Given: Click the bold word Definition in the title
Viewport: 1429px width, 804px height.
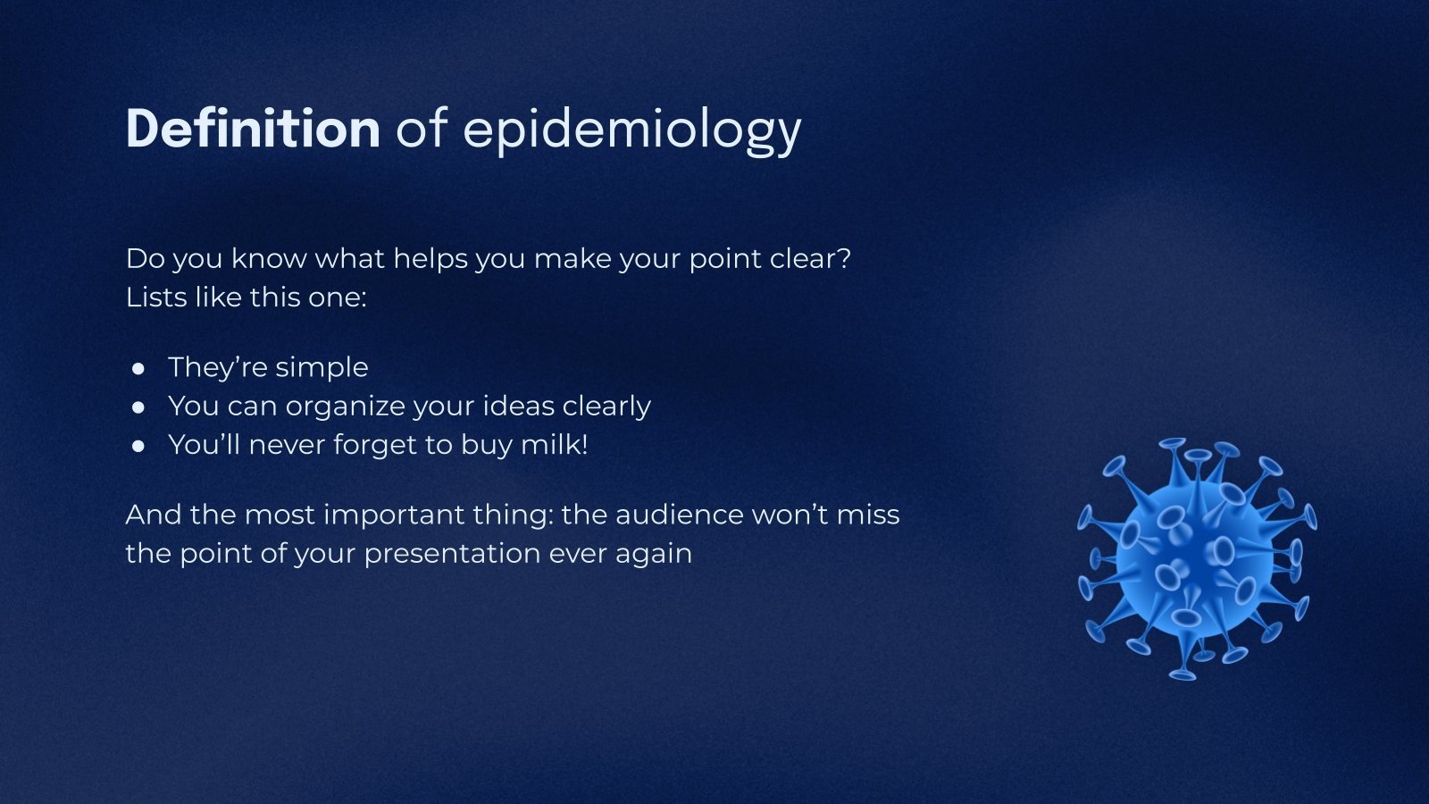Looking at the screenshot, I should click(253, 129).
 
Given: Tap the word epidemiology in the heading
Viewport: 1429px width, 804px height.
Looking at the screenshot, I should click(631, 130).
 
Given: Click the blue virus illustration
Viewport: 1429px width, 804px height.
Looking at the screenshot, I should click(1196, 558).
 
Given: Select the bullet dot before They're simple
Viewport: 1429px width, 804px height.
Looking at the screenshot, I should click(138, 368).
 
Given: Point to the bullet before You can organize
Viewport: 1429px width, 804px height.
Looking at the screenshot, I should click(138, 406).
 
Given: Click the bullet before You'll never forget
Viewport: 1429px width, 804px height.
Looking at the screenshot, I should click(138, 446).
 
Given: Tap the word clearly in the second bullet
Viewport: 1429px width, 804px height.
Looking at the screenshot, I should click(606, 406).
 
